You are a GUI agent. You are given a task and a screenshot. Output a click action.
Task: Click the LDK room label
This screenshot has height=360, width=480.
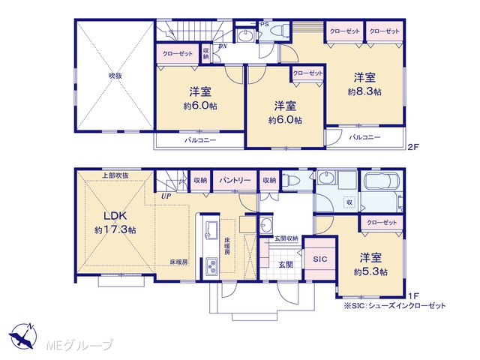pyautogui.click(x=115, y=216)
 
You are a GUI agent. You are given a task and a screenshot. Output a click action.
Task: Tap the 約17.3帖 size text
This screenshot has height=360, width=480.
pyautogui.click(x=115, y=230)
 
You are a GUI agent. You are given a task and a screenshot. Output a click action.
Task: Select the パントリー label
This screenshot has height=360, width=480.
pyautogui.click(x=235, y=180)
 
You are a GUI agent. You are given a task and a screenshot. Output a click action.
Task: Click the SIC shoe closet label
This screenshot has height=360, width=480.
pyautogui.click(x=320, y=259)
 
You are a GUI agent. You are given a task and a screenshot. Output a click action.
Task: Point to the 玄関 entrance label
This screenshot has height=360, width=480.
pyautogui.click(x=286, y=265)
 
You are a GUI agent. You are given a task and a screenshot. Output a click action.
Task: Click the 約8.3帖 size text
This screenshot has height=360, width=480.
pyautogui.click(x=364, y=91)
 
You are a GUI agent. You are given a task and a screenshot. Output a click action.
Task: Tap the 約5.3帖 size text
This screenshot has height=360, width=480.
pyautogui.click(x=370, y=271)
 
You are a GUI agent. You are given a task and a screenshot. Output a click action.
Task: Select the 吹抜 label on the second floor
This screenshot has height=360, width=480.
pyautogui.click(x=115, y=76)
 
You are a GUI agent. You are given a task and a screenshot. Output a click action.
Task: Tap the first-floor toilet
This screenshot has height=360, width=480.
pyautogui.click(x=291, y=181)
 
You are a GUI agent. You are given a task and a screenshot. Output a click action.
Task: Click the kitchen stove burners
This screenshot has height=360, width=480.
pyautogui.click(x=211, y=267)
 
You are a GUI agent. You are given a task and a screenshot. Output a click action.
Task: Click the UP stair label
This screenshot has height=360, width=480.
pyautogui.click(x=166, y=196)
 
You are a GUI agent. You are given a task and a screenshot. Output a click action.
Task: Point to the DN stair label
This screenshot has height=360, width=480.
pyautogui.click(x=223, y=46)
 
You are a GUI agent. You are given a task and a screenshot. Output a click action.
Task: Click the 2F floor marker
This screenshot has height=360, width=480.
pyautogui.click(x=412, y=147)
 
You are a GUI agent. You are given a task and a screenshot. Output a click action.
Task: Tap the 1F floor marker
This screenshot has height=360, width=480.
pyautogui.click(x=413, y=295)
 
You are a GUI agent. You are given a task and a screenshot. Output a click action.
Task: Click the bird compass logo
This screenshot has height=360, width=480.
pyautogui.click(x=23, y=336)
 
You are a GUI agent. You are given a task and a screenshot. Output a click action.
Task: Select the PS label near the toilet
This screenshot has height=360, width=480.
pyautogui.click(x=265, y=24)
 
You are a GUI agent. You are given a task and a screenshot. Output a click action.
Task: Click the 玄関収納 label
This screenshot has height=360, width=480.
pyautogui.click(x=286, y=238)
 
